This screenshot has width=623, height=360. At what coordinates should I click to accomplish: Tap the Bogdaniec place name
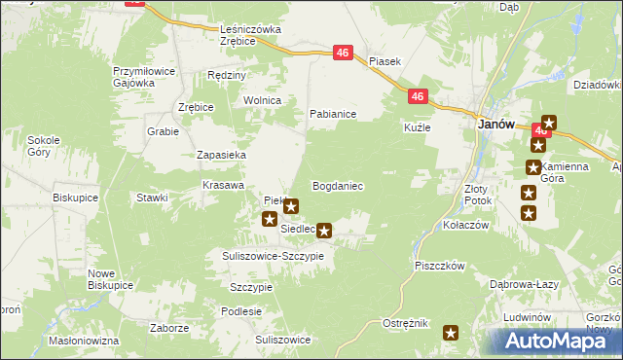337,185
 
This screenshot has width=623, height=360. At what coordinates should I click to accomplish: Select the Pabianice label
333,114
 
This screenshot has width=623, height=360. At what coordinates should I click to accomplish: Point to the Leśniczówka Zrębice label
250,35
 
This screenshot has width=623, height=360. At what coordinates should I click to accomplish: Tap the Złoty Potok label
478,194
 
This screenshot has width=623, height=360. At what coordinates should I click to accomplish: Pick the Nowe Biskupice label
110,279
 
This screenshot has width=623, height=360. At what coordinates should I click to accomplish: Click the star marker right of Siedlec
325,231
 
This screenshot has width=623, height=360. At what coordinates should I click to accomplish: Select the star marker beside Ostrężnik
451,334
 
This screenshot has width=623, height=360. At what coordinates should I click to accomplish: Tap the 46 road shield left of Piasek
343,54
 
